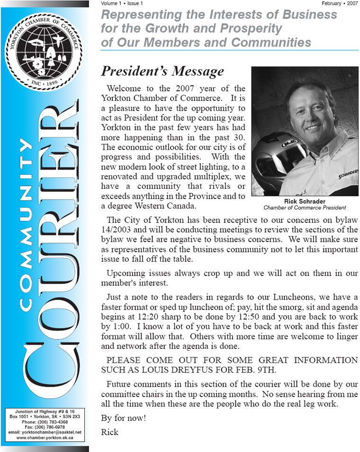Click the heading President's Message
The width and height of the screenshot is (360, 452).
162,71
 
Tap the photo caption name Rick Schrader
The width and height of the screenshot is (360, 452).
304,201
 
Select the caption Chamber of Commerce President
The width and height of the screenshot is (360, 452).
304,207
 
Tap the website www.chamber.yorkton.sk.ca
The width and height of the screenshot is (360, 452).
45,438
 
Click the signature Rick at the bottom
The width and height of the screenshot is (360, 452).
109,432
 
